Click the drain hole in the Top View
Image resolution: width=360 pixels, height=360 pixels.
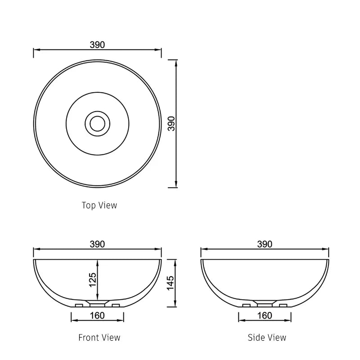coord(97,122)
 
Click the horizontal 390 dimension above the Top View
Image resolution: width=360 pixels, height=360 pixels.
coord(97,45)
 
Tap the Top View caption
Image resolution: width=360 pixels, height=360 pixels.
coord(99,205)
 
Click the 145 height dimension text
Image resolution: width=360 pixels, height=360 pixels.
coord(170,283)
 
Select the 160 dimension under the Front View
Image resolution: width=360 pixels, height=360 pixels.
coord(97,315)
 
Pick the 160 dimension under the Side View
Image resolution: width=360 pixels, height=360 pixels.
coord(265,315)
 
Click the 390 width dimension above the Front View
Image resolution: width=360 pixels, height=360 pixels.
coord(97,244)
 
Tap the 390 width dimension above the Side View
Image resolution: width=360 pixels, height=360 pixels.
coord(265,244)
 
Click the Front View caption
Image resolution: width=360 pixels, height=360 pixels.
coord(99,337)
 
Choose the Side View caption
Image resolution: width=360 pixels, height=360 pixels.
coord(266,337)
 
